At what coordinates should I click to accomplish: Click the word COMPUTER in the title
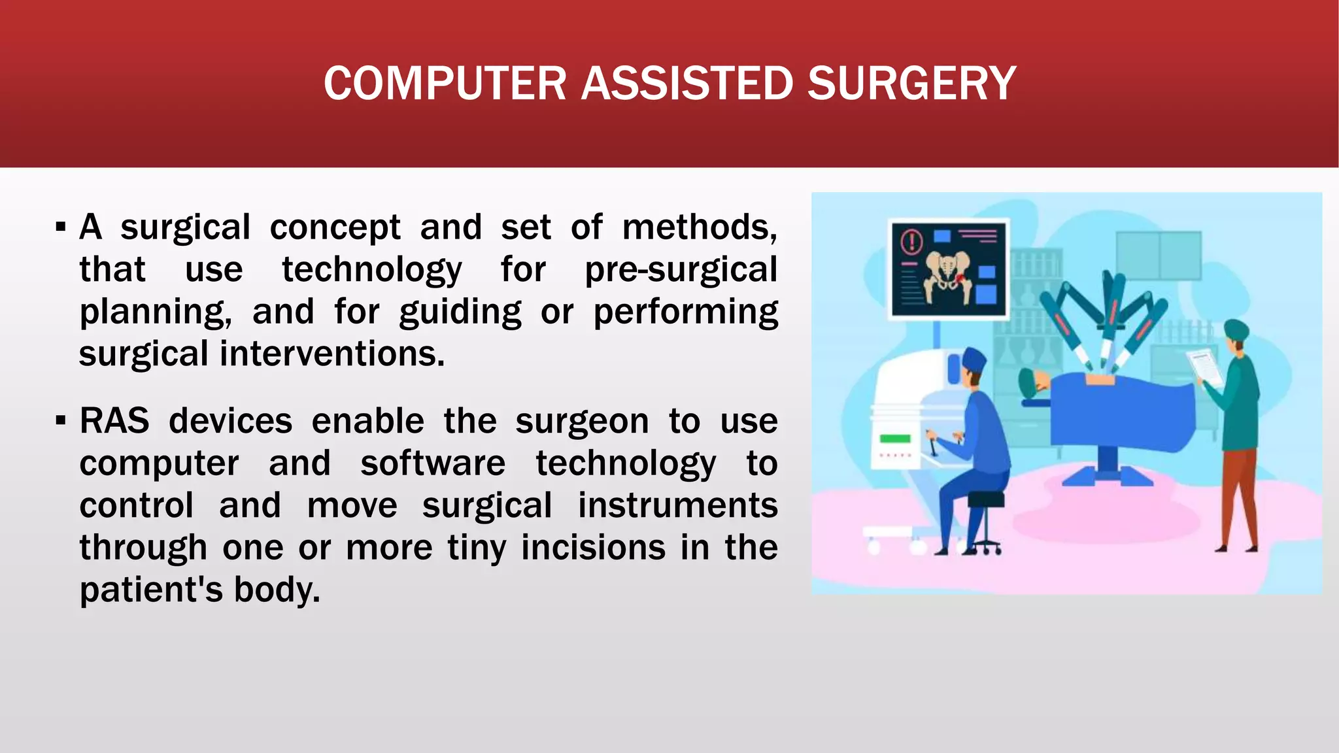click(445, 84)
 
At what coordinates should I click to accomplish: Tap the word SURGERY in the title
click(911, 84)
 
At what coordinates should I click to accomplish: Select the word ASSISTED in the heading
click(686, 84)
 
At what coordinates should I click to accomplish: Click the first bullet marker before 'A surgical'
click(61, 227)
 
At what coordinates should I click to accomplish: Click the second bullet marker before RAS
click(61, 420)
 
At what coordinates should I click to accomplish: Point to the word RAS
click(114, 420)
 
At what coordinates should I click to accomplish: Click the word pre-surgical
click(681, 269)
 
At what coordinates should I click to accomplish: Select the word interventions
click(331, 354)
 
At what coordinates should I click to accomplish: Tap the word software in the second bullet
click(433, 463)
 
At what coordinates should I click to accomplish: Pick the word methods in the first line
click(699, 227)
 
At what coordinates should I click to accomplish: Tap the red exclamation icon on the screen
click(911, 241)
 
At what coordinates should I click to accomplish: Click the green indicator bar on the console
click(895, 439)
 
